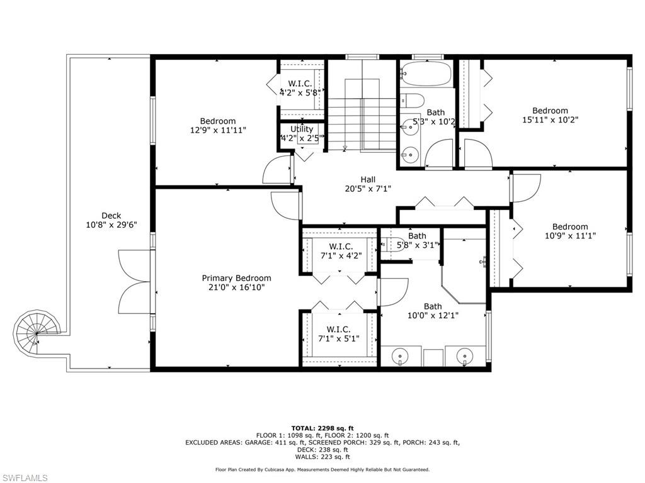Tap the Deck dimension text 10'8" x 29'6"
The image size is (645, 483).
pos(111,225)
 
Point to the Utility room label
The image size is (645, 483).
pos(302,129)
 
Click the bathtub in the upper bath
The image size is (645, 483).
pos(426,74)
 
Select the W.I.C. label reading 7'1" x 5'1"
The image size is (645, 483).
pos(338,334)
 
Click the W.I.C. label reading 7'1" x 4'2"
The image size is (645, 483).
pos(341,251)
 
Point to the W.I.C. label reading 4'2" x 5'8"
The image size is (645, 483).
pos(300,88)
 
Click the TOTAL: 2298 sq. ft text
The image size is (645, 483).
pos(322,428)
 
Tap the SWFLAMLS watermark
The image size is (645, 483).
pos(25,478)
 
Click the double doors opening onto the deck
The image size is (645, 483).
pos(135,282)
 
